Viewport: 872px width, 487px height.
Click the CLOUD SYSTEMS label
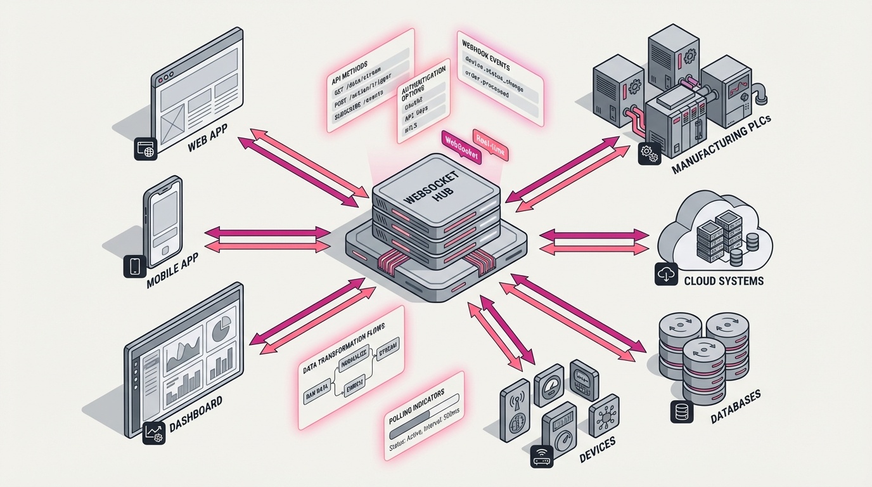(x=723, y=280)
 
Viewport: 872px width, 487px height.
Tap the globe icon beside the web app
(x=145, y=150)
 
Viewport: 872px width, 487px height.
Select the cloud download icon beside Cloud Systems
(x=666, y=273)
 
